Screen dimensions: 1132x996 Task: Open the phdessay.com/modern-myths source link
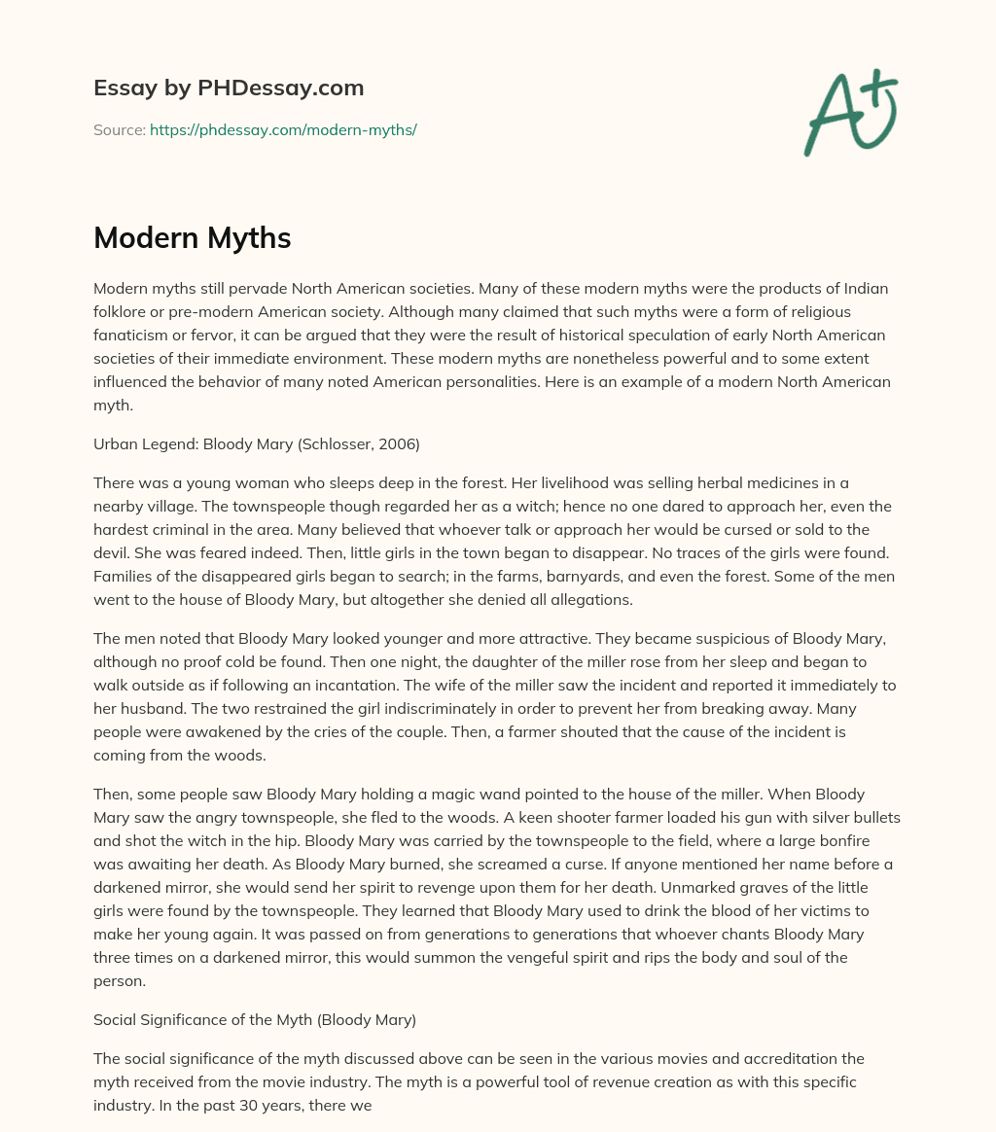(x=283, y=129)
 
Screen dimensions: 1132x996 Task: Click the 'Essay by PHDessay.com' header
(x=229, y=88)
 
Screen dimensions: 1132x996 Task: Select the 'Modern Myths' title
(x=193, y=238)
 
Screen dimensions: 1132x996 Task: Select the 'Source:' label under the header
(x=119, y=129)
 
